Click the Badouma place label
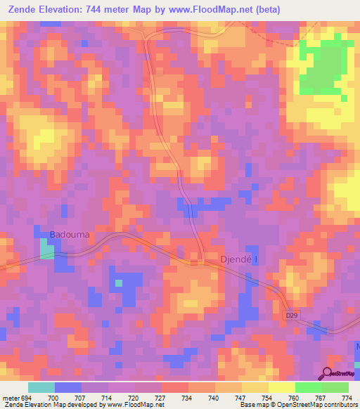click(70, 234)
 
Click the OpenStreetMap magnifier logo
click(328, 373)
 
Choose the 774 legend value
click(347, 397)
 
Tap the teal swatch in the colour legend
click(41, 387)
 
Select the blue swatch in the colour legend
click(68, 387)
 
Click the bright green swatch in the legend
click(309, 387)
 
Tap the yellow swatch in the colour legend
click(282, 387)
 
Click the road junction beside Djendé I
click(201, 262)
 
